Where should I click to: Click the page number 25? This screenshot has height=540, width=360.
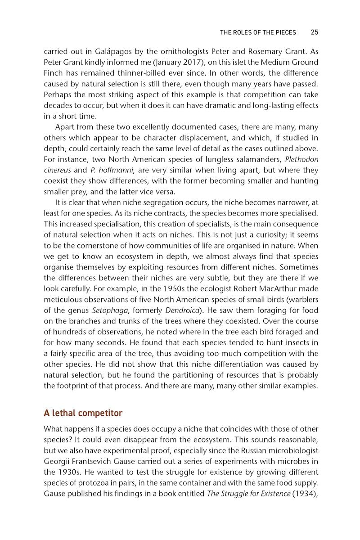point(315,32)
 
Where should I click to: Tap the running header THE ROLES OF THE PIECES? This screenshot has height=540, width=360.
point(258,32)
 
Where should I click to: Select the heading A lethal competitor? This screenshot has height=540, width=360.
point(83,413)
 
